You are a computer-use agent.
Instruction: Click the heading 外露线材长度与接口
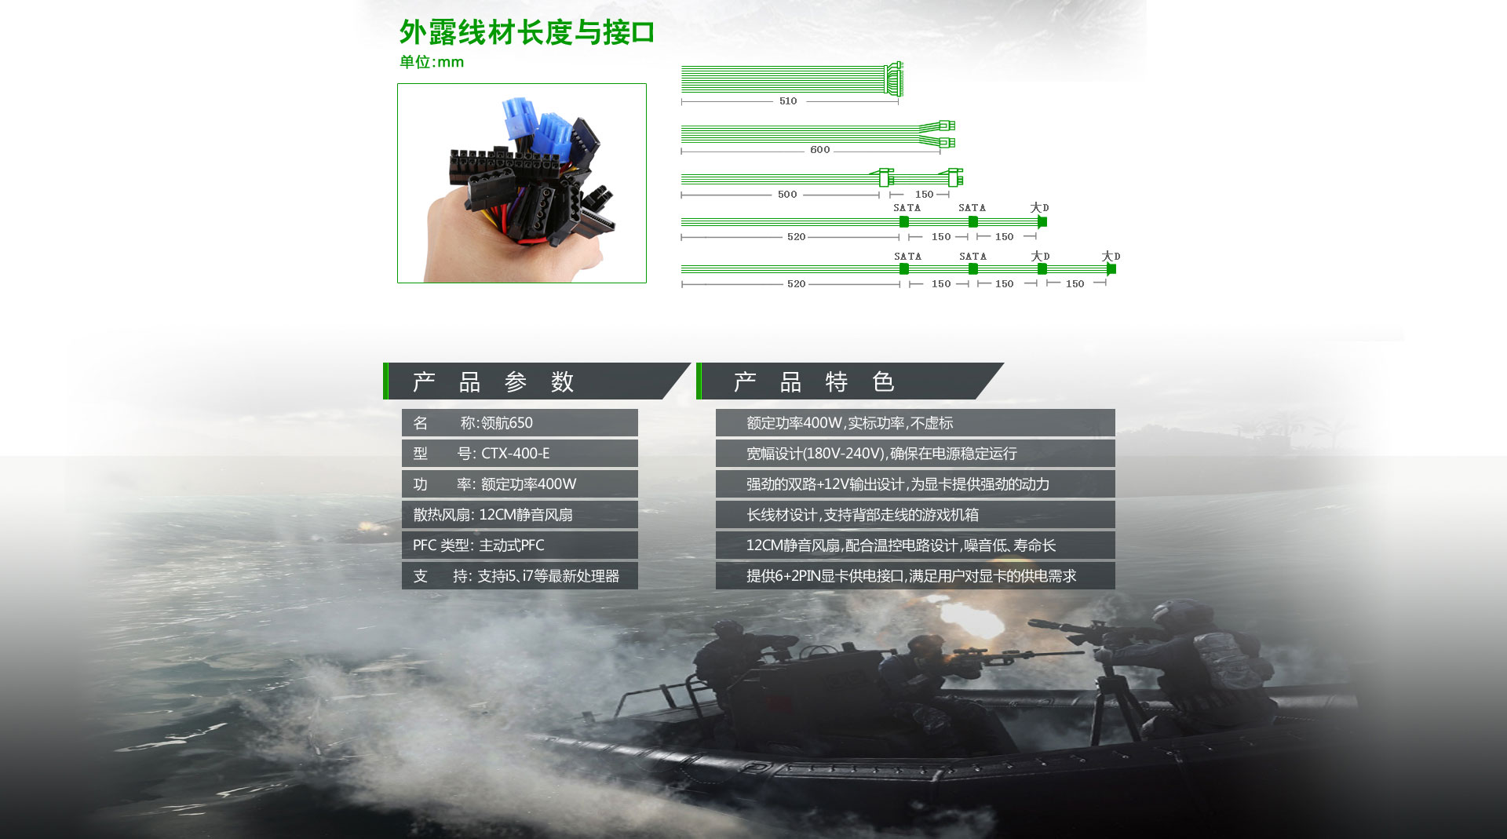(527, 33)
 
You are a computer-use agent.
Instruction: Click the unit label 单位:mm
(432, 62)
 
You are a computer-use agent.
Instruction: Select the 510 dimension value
(788, 101)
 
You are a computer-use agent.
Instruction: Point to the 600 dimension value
(819, 150)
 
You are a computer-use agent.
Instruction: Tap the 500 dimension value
(787, 195)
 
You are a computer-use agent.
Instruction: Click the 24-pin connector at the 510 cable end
(893, 79)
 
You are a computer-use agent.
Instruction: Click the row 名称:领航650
(520, 423)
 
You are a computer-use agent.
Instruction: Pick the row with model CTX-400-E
(520, 454)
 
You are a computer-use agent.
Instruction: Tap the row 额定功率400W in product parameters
(520, 484)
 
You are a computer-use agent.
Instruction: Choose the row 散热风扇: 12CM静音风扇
(520, 515)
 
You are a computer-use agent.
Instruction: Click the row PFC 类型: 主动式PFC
(520, 545)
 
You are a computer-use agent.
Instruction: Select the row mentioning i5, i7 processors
(520, 576)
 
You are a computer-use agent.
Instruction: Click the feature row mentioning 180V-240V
(915, 454)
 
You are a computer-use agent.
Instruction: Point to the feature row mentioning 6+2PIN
(915, 576)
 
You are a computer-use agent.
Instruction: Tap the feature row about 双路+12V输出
(915, 484)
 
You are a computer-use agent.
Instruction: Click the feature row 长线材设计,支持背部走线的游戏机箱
(915, 515)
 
